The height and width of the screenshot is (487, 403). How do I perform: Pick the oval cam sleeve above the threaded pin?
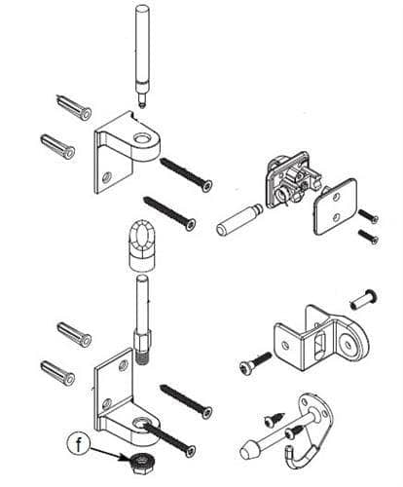click(x=139, y=246)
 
